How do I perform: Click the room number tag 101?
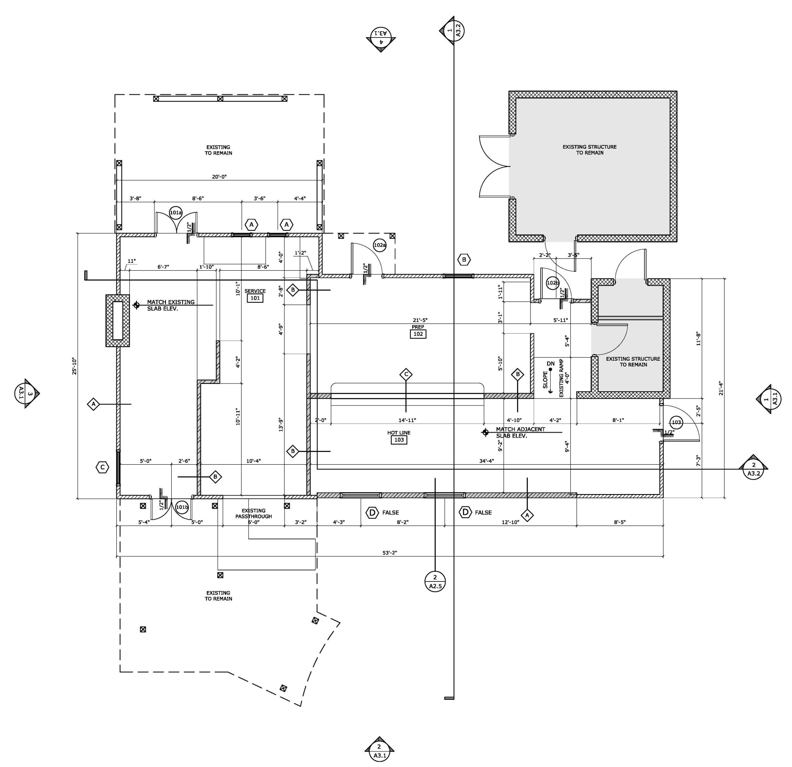(255, 298)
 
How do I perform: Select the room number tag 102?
(418, 334)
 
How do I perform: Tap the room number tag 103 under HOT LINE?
(399, 440)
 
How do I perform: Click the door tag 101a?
(176, 213)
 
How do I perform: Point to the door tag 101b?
(182, 507)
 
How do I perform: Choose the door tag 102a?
(380, 245)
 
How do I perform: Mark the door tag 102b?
(552, 283)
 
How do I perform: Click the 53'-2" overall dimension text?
(389, 553)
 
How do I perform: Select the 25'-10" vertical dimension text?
(74, 366)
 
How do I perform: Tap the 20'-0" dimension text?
(219, 177)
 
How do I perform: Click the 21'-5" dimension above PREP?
(420, 320)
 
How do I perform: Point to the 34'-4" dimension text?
(486, 461)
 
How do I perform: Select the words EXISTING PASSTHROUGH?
(254, 513)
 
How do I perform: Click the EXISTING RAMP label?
(561, 378)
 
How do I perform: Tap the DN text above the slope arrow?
(550, 364)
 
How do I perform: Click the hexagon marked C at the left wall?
(102, 467)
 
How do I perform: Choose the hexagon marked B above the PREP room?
(464, 260)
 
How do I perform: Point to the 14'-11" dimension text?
(407, 420)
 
